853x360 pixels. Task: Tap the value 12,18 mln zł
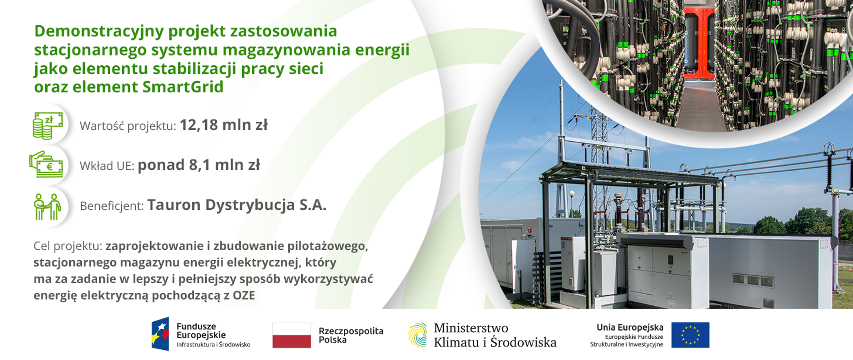pos(223,125)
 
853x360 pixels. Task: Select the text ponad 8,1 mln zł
pos(199,165)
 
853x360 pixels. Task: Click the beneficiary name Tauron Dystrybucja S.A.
pos(237,205)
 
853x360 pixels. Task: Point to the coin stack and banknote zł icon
pos(48,126)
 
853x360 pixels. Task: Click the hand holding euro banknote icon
pos(46,164)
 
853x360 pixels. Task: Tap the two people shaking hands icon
pos(47,207)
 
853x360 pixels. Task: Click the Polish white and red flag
pos(291,335)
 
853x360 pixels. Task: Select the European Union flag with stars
pos(690,335)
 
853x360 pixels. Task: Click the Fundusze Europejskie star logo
pos(160,334)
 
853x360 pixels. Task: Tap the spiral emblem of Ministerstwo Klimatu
pos(417,335)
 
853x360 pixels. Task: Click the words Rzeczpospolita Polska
pos(351,335)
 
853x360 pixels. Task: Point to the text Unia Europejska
pos(630,328)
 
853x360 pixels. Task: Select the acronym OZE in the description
pos(243,296)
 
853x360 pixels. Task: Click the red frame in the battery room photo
pos(699,44)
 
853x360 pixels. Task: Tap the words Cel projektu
pos(68,246)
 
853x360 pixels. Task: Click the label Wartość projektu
pos(128,126)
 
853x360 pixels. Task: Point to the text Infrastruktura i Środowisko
pos(213,345)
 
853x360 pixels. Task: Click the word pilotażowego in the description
pos(327,246)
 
